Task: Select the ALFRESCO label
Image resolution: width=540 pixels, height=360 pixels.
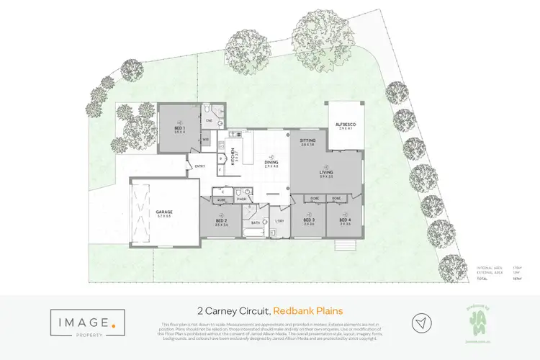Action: click(346, 125)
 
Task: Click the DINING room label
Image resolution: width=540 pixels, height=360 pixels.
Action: click(271, 163)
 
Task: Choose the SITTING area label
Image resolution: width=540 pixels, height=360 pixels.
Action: click(308, 141)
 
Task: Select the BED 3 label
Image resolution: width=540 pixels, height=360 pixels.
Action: click(309, 220)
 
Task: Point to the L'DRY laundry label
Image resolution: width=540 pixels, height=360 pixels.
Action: click(279, 220)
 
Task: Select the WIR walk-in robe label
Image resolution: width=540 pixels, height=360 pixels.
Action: click(205, 140)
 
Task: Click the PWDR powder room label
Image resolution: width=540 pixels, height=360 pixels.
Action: click(242, 199)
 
